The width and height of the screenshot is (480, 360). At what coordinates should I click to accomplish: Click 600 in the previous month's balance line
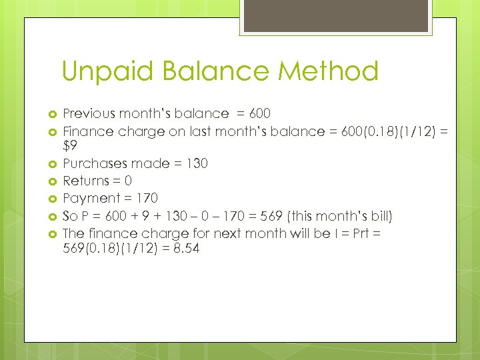tap(259, 114)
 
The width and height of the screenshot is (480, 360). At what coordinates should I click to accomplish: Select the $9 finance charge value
tap(71, 146)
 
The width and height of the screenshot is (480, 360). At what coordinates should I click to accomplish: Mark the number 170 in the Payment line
tap(147, 198)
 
